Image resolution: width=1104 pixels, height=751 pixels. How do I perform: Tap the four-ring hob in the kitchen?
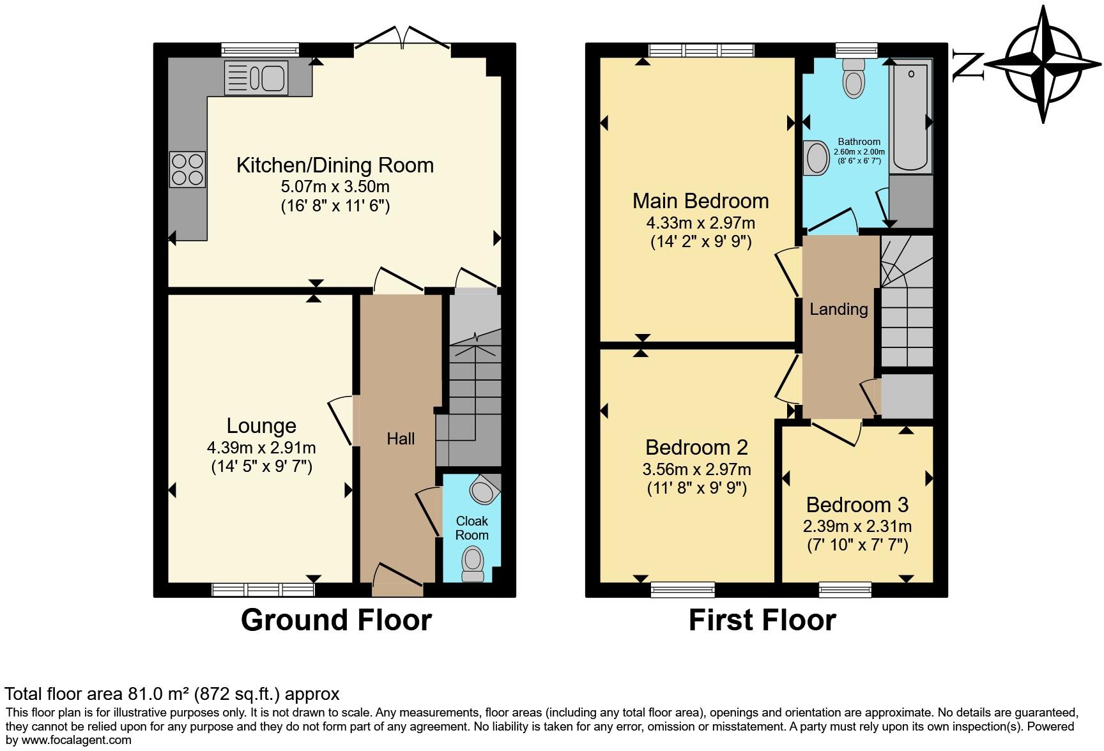coord(187,169)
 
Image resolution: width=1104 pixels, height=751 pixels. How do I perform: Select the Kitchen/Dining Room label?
coord(335,165)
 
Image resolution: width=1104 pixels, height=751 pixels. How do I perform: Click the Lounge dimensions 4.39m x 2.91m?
coord(261,448)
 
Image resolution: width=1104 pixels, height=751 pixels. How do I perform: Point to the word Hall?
coord(401,439)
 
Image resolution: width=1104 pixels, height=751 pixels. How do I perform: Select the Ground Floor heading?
coord(336,620)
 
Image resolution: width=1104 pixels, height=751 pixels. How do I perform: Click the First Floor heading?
coord(762,620)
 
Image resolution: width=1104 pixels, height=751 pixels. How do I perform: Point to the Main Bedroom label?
coord(700,201)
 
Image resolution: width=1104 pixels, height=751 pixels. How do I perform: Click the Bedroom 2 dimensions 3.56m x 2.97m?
coord(696,469)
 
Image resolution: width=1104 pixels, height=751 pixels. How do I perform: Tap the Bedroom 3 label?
coord(857,505)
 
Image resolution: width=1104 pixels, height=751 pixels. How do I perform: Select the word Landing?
coord(838,310)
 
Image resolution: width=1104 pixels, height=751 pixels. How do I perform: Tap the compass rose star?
coord(1043,64)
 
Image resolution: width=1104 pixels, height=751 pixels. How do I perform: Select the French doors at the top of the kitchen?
coord(402,38)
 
